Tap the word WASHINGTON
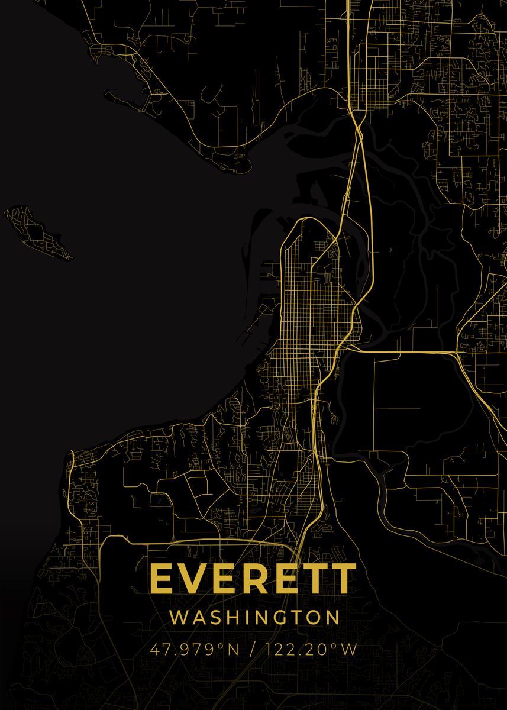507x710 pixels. tap(255, 618)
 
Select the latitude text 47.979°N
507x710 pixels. tap(194, 650)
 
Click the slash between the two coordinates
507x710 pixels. tap(253, 650)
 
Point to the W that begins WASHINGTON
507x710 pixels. tap(178, 618)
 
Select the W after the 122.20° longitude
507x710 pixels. tap(350, 650)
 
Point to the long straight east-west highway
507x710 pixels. tap(402, 353)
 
